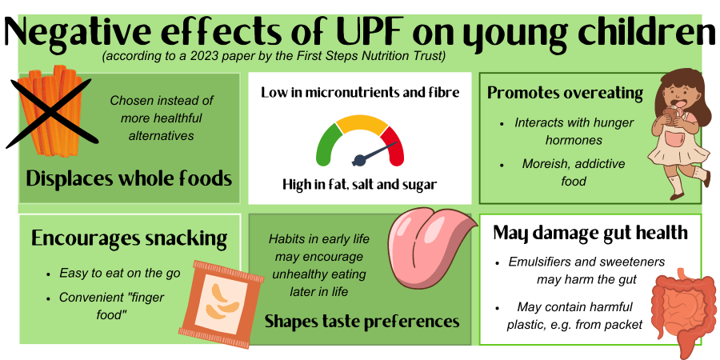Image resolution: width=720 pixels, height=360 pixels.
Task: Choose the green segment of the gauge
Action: tap(327, 146)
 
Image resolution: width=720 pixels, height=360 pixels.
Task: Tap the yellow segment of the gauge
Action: tap(362, 125)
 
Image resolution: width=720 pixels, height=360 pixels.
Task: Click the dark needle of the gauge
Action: tap(374, 154)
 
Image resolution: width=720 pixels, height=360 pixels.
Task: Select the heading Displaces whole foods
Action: tap(129, 178)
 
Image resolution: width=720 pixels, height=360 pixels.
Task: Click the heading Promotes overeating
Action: tap(566, 93)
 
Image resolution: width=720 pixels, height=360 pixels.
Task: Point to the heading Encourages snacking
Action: tap(129, 238)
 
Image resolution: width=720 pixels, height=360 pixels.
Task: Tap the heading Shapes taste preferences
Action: tap(362, 321)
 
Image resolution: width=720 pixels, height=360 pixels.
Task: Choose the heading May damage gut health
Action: tap(590, 233)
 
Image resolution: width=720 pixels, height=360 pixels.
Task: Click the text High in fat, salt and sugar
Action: tap(359, 185)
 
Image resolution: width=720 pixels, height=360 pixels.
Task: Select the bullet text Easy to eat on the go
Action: tap(120, 274)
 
